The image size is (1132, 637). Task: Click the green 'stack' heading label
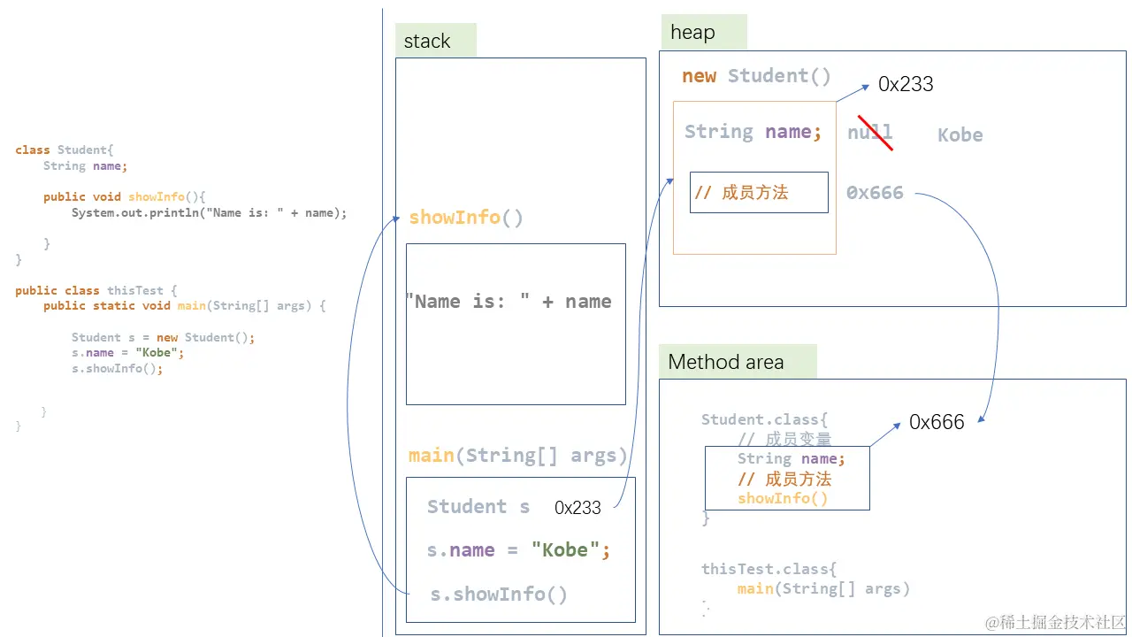(x=427, y=41)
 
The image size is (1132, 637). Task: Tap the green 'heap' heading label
(x=692, y=33)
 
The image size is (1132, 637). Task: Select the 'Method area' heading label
(x=726, y=362)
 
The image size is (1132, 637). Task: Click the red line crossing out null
(x=876, y=133)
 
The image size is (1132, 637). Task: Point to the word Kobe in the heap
(x=960, y=135)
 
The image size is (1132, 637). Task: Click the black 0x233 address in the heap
(x=906, y=84)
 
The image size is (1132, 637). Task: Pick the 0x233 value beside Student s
(x=577, y=507)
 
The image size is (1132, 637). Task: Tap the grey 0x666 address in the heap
(x=875, y=193)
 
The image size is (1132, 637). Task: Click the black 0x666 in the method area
(x=937, y=422)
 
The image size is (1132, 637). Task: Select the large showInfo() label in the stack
(x=465, y=218)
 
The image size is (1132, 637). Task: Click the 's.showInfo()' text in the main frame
(x=498, y=594)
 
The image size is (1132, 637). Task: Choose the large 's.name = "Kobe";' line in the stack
(x=518, y=549)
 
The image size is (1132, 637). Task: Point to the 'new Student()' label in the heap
(x=756, y=76)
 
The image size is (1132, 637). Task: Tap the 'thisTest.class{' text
(x=769, y=569)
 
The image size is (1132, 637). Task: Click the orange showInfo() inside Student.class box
(x=783, y=498)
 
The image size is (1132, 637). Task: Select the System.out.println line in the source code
(x=210, y=213)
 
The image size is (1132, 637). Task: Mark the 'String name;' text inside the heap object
(x=753, y=132)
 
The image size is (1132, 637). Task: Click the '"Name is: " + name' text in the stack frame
(x=509, y=302)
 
